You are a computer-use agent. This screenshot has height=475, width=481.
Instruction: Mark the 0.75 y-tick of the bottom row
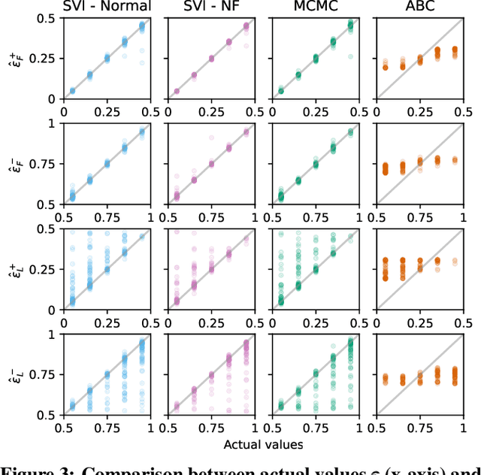click(x=40, y=374)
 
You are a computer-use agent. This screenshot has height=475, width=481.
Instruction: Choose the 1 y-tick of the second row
click(x=47, y=124)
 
